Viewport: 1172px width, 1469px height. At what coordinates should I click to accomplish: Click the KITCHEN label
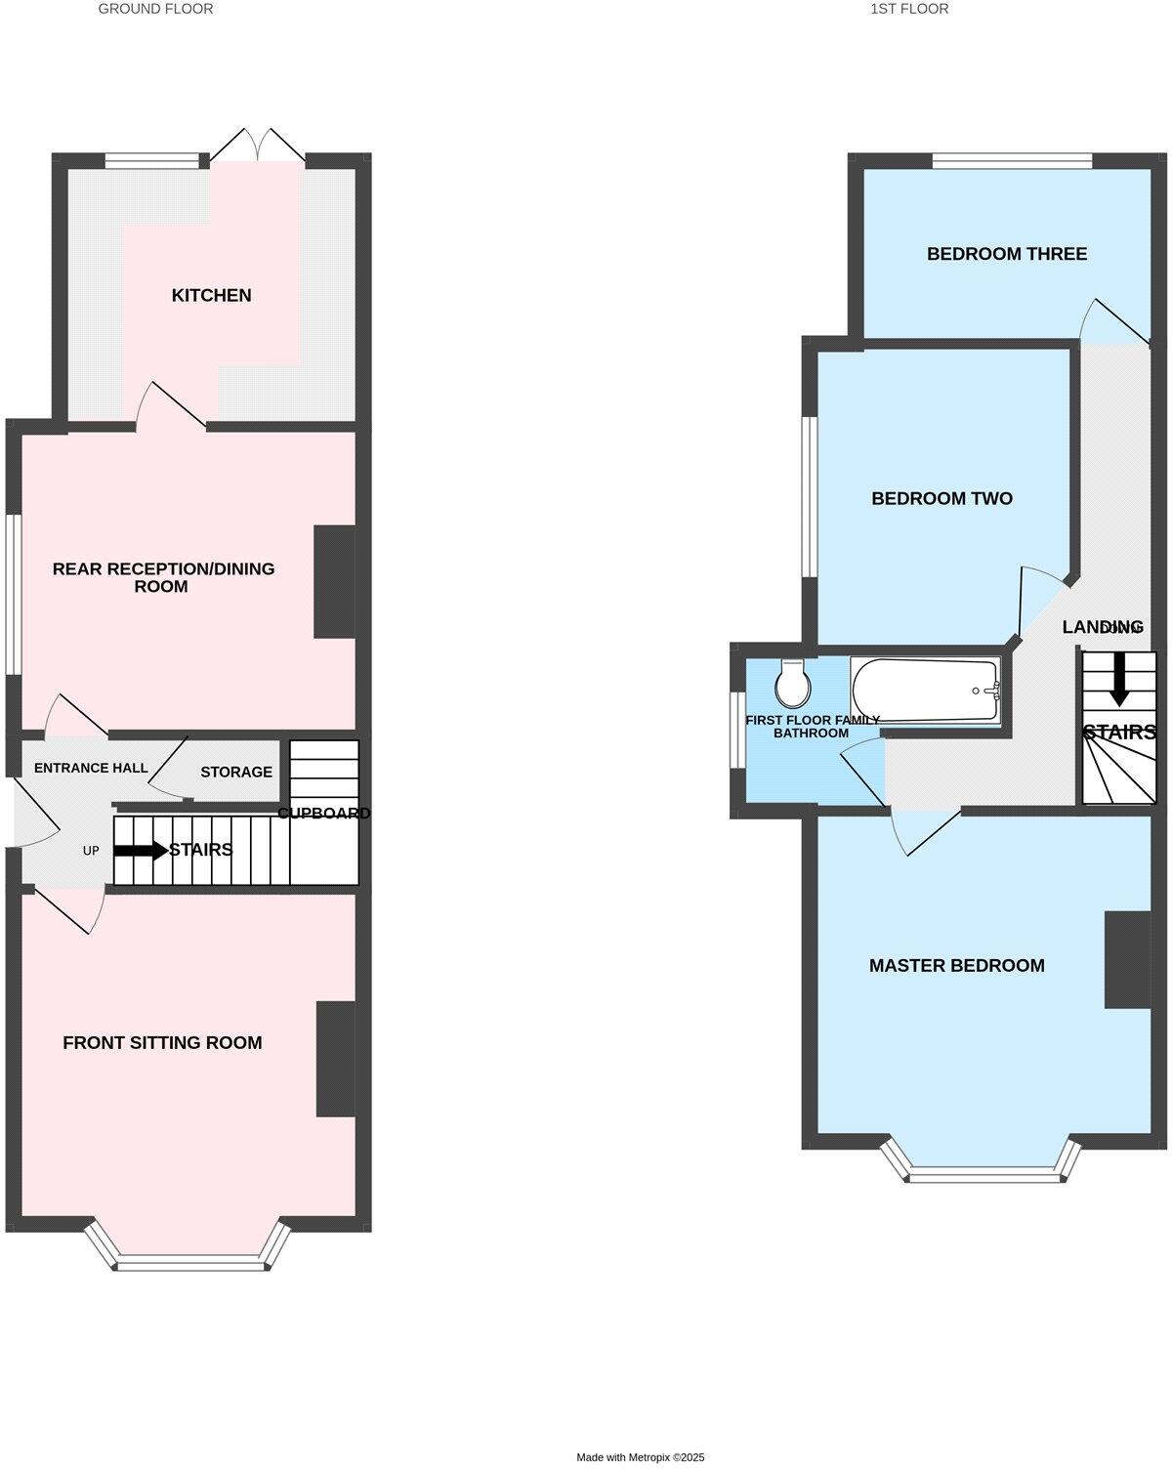(x=211, y=295)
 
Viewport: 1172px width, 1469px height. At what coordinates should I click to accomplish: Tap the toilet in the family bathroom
(x=792, y=684)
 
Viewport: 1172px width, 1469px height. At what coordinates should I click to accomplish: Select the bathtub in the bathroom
(x=926, y=691)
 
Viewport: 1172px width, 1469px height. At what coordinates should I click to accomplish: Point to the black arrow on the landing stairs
(x=1118, y=678)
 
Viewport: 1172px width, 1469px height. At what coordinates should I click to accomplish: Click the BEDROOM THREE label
(x=1006, y=254)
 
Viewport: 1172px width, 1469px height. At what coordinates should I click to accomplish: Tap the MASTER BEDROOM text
(x=956, y=965)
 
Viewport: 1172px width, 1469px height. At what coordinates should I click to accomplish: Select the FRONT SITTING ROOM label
(x=162, y=1042)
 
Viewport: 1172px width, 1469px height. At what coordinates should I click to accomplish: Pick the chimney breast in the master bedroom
(x=1127, y=959)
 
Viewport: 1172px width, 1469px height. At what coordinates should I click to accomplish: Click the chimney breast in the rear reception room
(x=334, y=582)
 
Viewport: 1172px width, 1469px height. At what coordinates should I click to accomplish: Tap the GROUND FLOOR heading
(x=155, y=9)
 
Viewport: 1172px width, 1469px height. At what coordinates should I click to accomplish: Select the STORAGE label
(x=236, y=772)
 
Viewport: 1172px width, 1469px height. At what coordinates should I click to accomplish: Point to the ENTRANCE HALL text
(x=91, y=768)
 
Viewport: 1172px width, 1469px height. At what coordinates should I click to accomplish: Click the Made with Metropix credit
(x=640, y=1456)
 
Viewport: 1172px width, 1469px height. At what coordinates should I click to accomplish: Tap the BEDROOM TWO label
(x=942, y=498)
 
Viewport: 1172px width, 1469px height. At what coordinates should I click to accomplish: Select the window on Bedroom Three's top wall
(x=1011, y=160)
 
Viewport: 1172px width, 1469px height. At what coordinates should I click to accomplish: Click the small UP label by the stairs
(x=91, y=851)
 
